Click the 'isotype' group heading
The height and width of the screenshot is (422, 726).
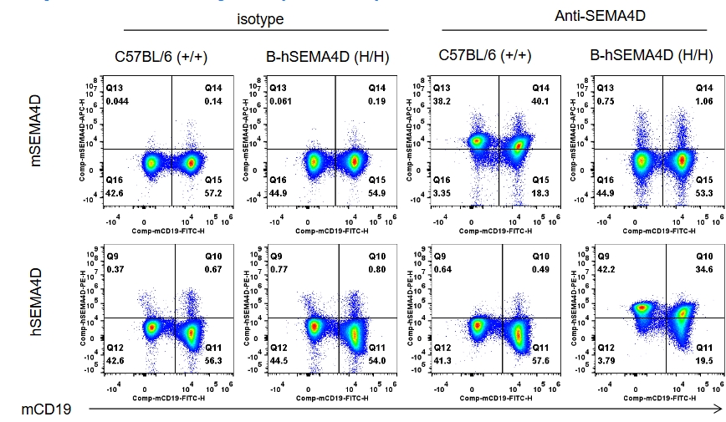tap(260, 18)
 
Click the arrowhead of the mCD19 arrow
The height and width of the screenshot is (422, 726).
tap(718, 409)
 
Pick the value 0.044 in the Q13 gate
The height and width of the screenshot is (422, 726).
tap(119, 101)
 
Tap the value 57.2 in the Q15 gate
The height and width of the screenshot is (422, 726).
tap(213, 192)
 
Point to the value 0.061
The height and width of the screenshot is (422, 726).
tap(282, 101)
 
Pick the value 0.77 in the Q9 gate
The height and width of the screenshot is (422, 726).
tap(279, 270)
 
